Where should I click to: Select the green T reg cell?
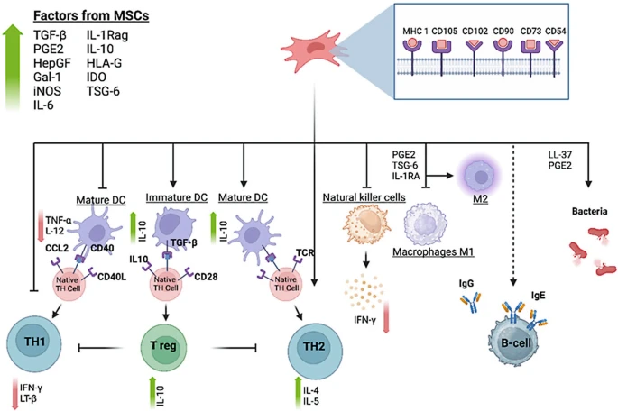pos(167,346)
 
